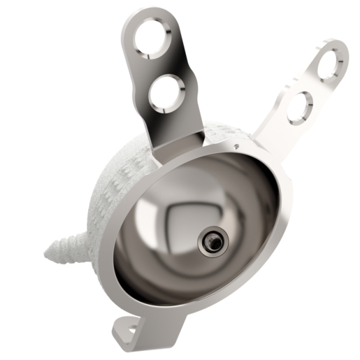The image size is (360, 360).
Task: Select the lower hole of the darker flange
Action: click(x=168, y=92)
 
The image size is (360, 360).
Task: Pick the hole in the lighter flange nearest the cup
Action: click(x=299, y=106)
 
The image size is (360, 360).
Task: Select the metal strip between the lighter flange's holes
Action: click(x=315, y=84)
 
